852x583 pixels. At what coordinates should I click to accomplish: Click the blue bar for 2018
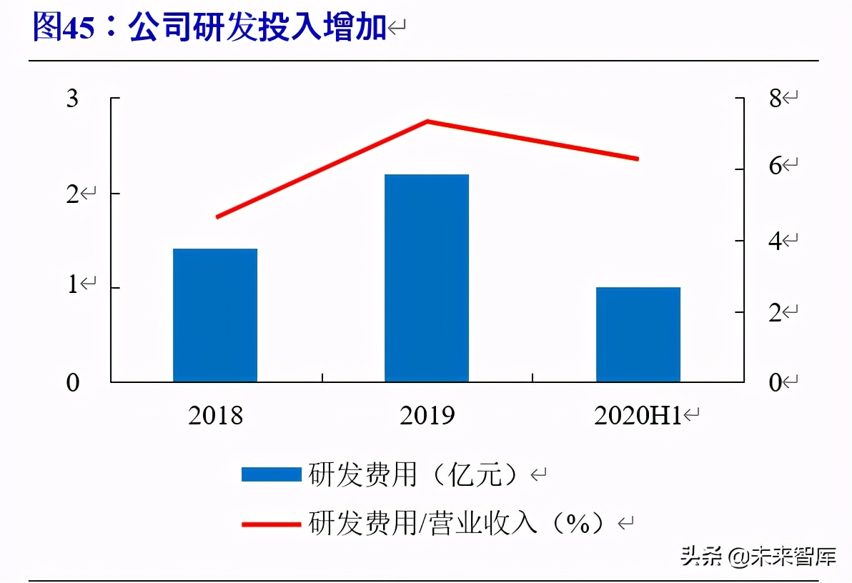click(215, 315)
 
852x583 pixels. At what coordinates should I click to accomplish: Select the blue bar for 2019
click(427, 278)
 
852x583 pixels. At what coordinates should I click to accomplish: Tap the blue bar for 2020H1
click(638, 334)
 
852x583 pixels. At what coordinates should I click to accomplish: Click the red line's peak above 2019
click(427, 121)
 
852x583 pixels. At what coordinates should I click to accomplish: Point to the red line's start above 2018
click(217, 216)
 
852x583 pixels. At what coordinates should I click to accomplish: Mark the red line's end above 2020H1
click(637, 159)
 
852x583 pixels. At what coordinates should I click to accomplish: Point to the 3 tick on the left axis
click(73, 99)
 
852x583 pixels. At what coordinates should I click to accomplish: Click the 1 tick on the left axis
click(73, 286)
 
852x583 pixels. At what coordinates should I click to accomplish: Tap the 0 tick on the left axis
click(73, 383)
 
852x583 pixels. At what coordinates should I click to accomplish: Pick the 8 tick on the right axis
click(776, 99)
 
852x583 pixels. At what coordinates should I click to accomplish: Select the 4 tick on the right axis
click(776, 241)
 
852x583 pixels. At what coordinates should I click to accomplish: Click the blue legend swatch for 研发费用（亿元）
click(271, 474)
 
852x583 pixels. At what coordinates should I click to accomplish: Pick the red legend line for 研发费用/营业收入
click(271, 524)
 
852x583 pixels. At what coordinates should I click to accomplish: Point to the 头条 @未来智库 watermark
click(758, 556)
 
